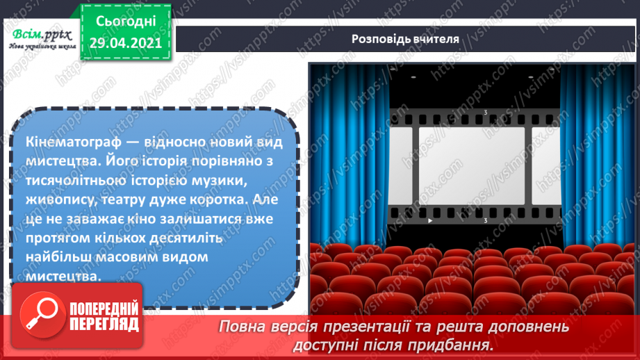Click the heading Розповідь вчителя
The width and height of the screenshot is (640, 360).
tap(404, 39)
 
